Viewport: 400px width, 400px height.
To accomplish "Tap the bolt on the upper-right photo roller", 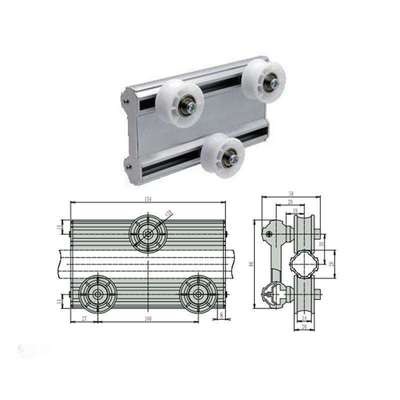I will click(270, 84).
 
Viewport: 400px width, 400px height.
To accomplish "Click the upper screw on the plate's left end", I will click(127, 99).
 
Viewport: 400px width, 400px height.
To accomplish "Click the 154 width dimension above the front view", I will click(148, 200).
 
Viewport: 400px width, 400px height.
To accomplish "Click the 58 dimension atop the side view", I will click(290, 195).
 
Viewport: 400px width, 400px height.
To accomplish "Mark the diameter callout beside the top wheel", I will click(169, 213).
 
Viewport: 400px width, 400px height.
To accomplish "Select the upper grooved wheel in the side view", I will click(310, 236).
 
